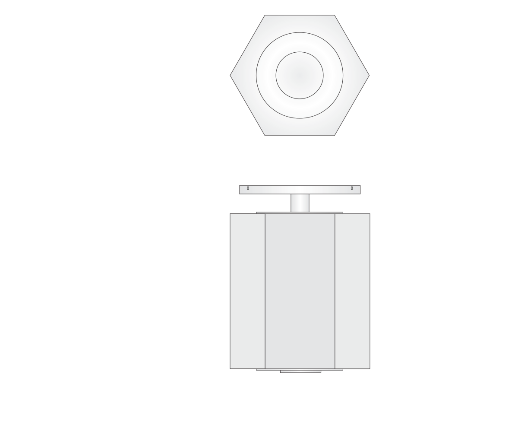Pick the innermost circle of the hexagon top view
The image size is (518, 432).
coord(300,75)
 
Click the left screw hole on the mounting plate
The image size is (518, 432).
coord(248,188)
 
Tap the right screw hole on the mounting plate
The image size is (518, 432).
coord(352,188)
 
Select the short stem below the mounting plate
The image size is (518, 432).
coord(300,203)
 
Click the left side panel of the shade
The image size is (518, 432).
coord(247,291)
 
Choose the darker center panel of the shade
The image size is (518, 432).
coord(300,291)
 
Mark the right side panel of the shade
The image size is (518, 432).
coord(352,291)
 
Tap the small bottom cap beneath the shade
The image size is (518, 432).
coord(300,371)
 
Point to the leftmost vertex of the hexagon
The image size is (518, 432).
coord(231,76)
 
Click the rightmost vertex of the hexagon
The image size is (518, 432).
coord(369,76)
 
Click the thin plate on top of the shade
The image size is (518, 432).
coord(300,213)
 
